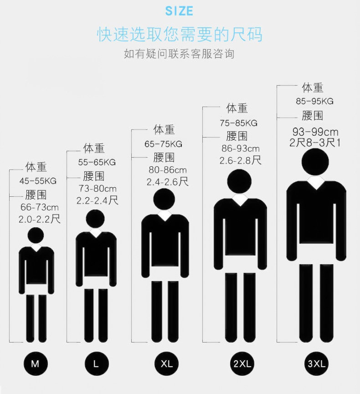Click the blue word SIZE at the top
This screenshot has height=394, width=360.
(180, 11)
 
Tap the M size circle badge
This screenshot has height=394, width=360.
(35, 363)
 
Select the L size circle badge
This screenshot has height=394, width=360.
(96, 363)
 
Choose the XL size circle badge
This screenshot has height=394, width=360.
(167, 363)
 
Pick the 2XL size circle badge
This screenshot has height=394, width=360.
(242, 363)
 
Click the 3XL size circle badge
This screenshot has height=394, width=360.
(316, 363)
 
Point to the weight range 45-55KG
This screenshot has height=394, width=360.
(38, 181)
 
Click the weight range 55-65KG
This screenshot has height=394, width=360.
(97, 162)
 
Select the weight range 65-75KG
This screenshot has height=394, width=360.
(163, 144)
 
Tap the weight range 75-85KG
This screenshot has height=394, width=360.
(238, 123)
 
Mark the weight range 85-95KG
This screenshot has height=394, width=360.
(314, 101)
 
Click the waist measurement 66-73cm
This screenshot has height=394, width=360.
(39, 207)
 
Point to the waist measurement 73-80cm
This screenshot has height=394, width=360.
(98, 188)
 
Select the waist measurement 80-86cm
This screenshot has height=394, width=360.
(168, 170)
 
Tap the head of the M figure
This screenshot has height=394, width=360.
(36, 235)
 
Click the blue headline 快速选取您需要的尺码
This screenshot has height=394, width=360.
(180, 35)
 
